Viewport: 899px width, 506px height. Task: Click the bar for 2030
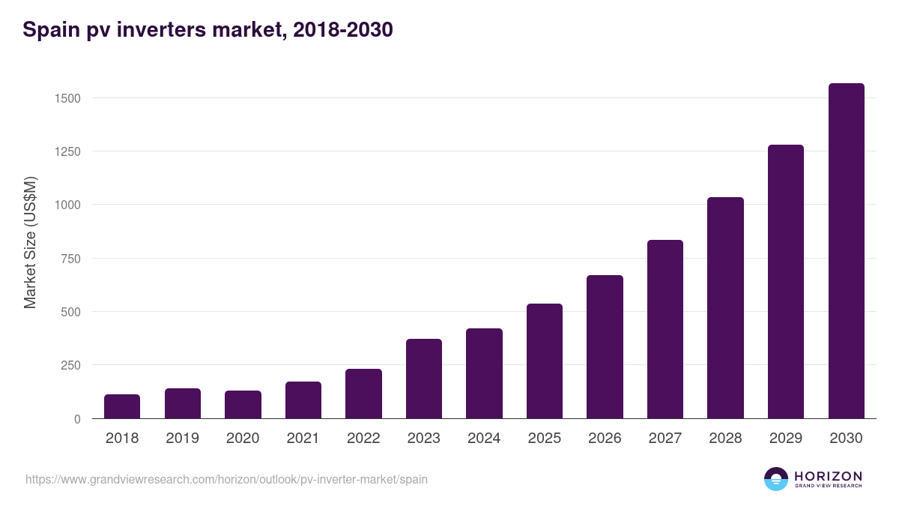click(846, 251)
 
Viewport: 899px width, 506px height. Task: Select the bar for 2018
click(122, 406)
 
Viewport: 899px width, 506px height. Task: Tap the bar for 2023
click(424, 379)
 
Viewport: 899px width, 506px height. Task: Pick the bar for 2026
click(605, 347)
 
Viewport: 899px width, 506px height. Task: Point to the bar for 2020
click(243, 405)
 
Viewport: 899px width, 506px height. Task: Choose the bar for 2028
click(725, 308)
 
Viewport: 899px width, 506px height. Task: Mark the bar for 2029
click(785, 282)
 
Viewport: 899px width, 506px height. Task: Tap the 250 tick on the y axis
click(70, 365)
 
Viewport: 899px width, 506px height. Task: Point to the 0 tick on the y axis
click(76, 419)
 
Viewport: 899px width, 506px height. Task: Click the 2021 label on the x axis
click(303, 439)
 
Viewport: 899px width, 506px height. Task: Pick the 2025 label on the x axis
click(545, 439)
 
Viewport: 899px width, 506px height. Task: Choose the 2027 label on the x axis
click(665, 439)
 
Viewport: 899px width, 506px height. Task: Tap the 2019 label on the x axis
click(182, 439)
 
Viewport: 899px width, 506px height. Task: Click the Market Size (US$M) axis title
click(30, 242)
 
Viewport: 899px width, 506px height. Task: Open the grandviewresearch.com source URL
click(226, 479)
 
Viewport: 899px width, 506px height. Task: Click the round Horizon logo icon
click(776, 479)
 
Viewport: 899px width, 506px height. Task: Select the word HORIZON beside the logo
click(827, 475)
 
